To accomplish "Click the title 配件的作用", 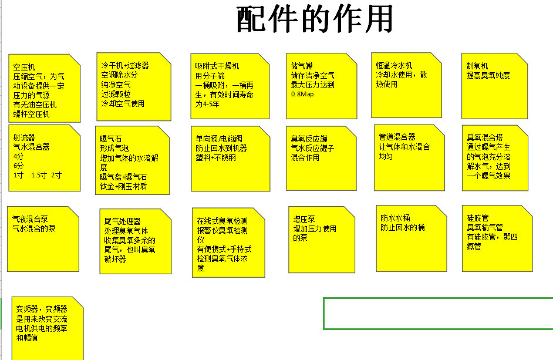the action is click(315, 19).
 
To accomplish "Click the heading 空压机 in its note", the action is click(24, 67).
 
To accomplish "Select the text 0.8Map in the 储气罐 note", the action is click(302, 94).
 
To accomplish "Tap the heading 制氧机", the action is click(477, 66).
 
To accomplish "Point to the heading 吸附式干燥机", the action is click(217, 66).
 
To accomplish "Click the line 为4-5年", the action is click(207, 104).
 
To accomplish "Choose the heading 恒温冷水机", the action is click(394, 65).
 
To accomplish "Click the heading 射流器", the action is click(24, 137).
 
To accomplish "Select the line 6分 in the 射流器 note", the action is click(18, 166).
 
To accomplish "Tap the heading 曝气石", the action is click(111, 139).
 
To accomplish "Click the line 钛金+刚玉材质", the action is click(123, 186).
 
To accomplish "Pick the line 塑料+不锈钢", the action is click(215, 157).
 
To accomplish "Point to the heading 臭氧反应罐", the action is click(309, 139).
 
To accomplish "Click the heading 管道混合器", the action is click(397, 137).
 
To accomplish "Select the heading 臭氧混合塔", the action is click(485, 137).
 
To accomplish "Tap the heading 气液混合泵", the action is click(30, 219).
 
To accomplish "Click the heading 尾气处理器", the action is click(122, 221).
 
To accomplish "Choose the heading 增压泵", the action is click(304, 219).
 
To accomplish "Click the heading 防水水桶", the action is click(395, 218).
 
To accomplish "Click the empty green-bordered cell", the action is click(438, 314).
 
